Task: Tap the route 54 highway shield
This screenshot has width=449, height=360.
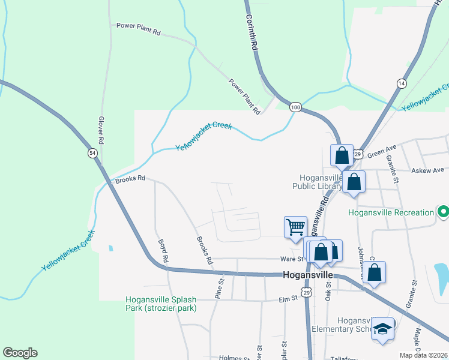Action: point(92,153)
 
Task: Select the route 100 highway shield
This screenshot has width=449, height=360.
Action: point(295,107)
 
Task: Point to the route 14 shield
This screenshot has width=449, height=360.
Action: point(402,83)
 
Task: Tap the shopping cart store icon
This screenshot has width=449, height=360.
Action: point(295,227)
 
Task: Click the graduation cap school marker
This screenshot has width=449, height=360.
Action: point(382,329)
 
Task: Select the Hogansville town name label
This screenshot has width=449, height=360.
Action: point(308,274)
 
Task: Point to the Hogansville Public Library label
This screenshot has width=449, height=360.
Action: point(316,181)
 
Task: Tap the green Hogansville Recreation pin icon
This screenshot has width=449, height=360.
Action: point(444,212)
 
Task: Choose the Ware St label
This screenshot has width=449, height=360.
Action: point(293,259)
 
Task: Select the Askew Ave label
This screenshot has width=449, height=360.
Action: point(427,170)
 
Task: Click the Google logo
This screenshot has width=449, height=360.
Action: point(20,353)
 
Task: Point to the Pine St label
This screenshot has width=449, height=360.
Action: point(219,288)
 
